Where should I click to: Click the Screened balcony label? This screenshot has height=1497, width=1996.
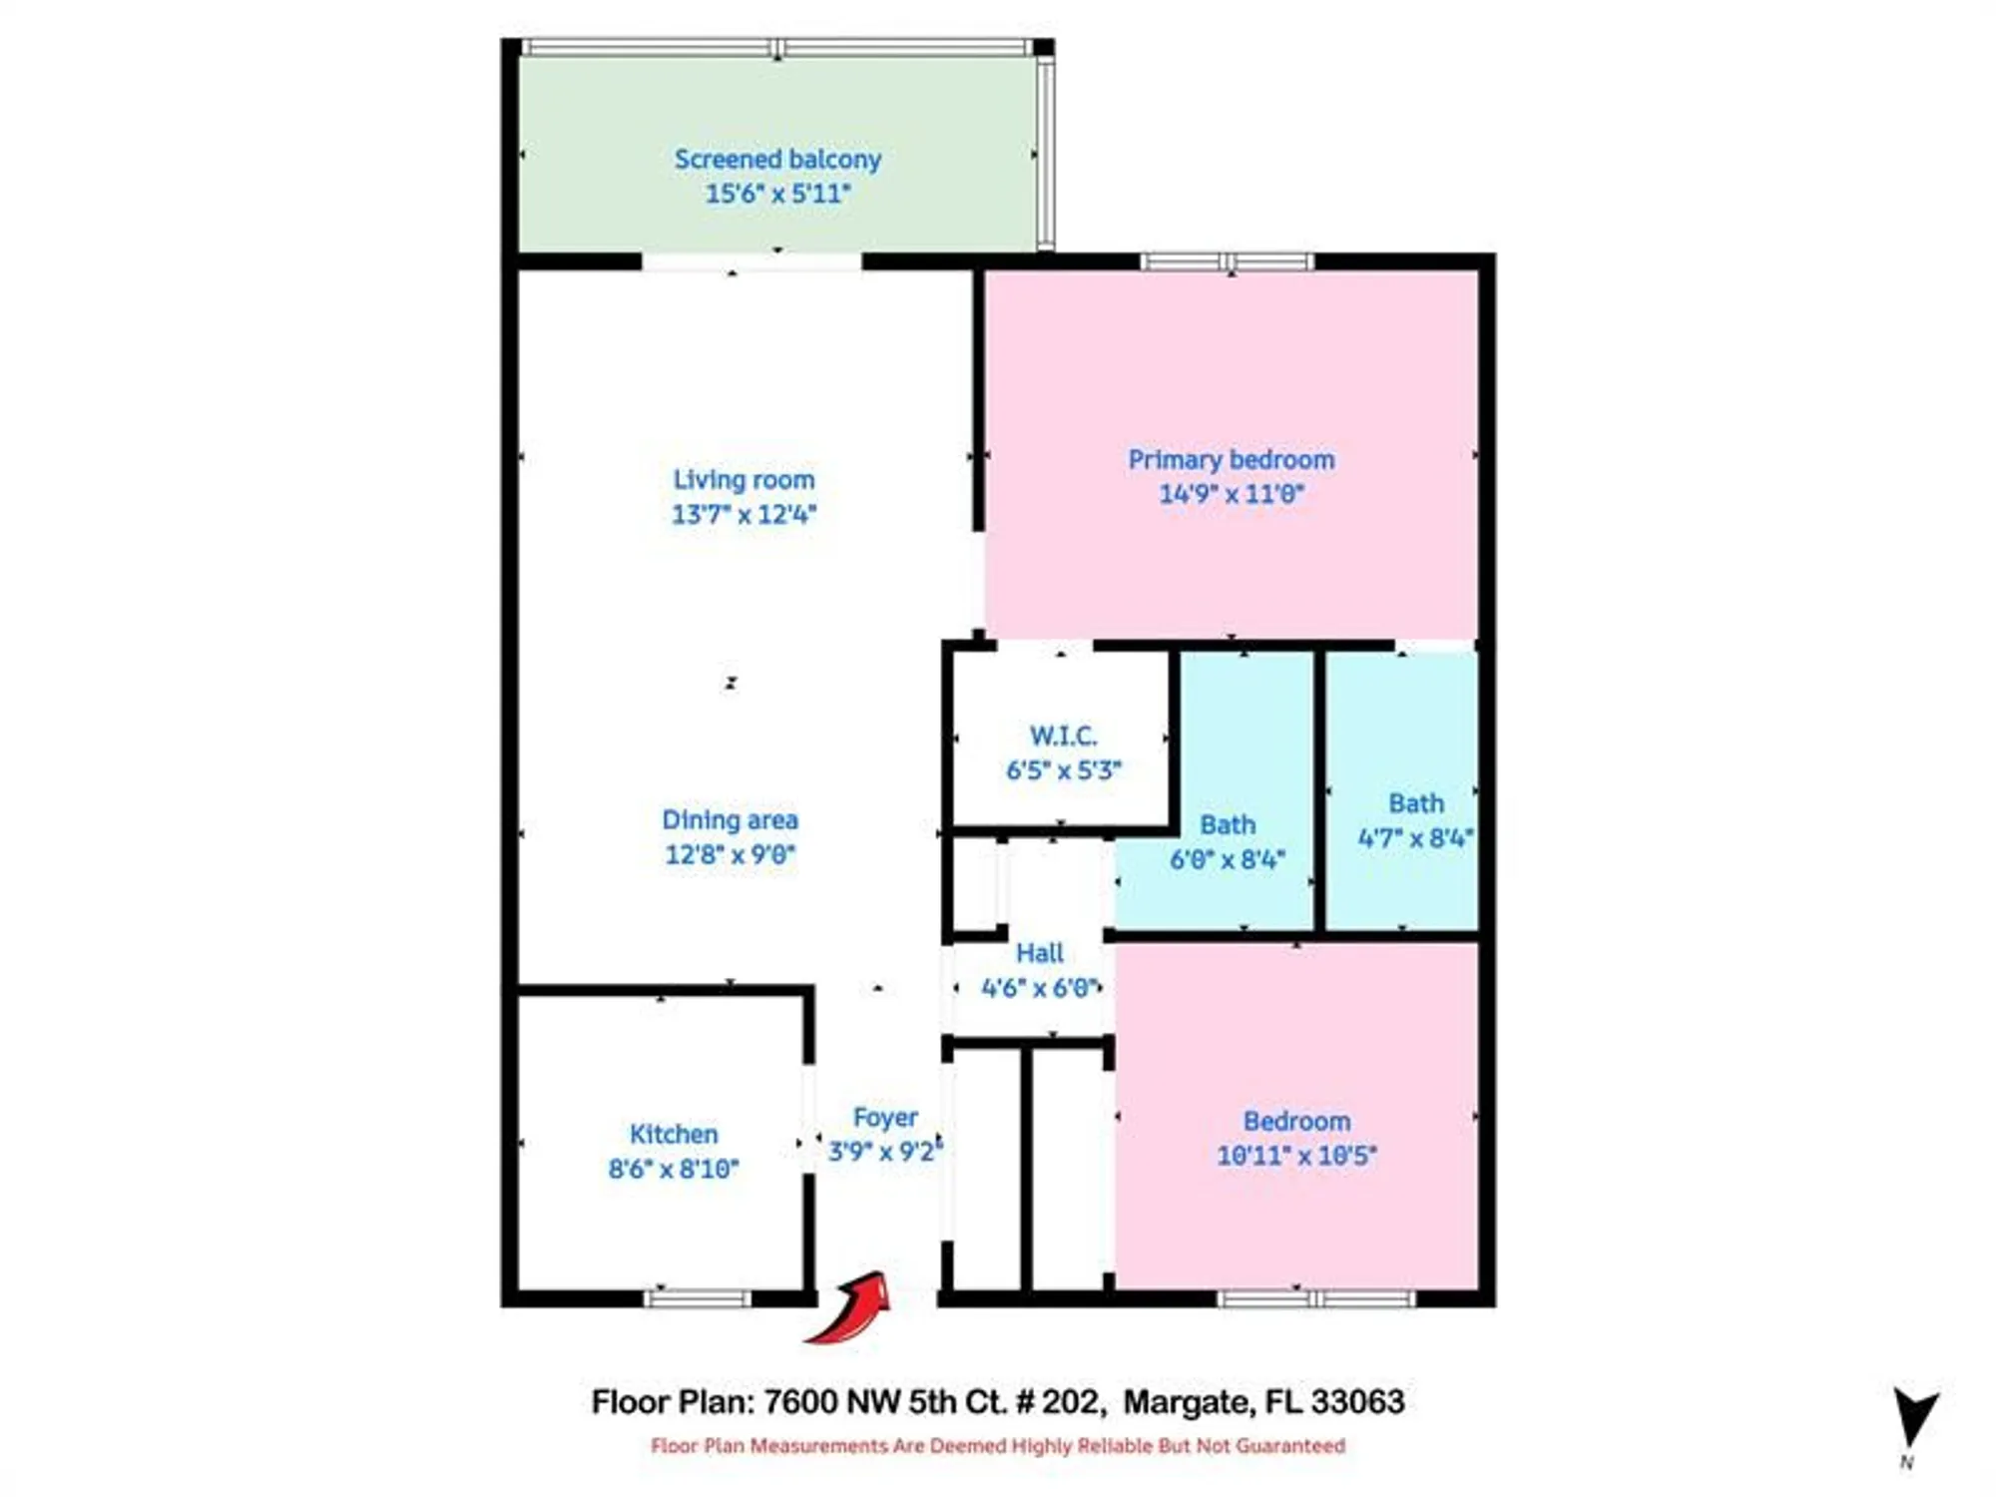tap(777, 160)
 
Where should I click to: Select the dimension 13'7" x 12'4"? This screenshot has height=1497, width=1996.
tap(744, 515)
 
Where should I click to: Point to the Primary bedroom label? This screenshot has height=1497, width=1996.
tap(1231, 460)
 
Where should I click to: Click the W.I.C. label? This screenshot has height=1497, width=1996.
tap(1063, 737)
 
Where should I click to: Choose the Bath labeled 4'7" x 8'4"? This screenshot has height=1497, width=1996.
tap(1415, 804)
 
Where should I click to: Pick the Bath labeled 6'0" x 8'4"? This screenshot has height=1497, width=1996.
tap(1227, 825)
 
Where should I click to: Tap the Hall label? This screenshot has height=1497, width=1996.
tap(1039, 953)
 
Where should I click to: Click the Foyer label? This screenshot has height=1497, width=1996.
tap(885, 1118)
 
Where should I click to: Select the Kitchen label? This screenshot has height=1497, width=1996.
tap(674, 1135)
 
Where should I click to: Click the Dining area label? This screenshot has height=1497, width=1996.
tap(730, 820)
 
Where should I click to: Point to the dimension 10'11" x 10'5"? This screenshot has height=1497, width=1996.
tap(1296, 1156)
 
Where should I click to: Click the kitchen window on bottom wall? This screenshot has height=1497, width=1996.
tap(697, 1298)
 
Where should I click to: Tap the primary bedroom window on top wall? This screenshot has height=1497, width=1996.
tap(1228, 262)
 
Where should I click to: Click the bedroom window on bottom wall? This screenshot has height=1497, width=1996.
tap(1315, 1298)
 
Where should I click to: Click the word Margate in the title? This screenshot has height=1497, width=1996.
tap(1188, 1402)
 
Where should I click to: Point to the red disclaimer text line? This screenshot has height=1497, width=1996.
tap(998, 1446)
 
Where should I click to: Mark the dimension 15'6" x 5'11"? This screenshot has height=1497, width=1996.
tap(777, 194)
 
